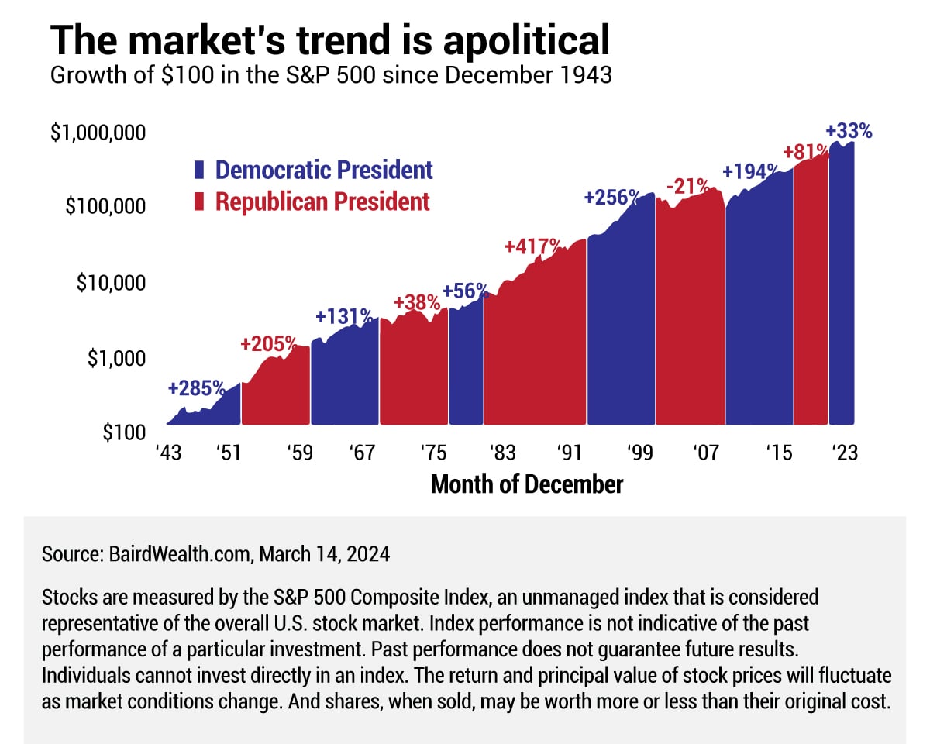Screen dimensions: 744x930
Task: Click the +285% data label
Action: tap(196, 387)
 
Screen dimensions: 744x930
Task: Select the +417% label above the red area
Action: tap(532, 246)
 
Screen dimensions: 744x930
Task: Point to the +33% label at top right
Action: tap(849, 131)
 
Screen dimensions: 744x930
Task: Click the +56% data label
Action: tap(465, 291)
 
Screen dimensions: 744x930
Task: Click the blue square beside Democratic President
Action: tap(199, 170)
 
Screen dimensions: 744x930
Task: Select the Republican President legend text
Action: tap(322, 201)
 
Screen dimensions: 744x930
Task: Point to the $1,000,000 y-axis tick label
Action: tap(98, 133)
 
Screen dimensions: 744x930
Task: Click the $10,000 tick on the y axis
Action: tap(110, 283)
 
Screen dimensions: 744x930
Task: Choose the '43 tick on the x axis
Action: tap(168, 453)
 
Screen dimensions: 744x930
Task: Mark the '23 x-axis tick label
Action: tap(842, 453)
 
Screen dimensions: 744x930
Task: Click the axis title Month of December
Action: tap(526, 484)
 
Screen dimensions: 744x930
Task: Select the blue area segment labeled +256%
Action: tap(620, 325)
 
